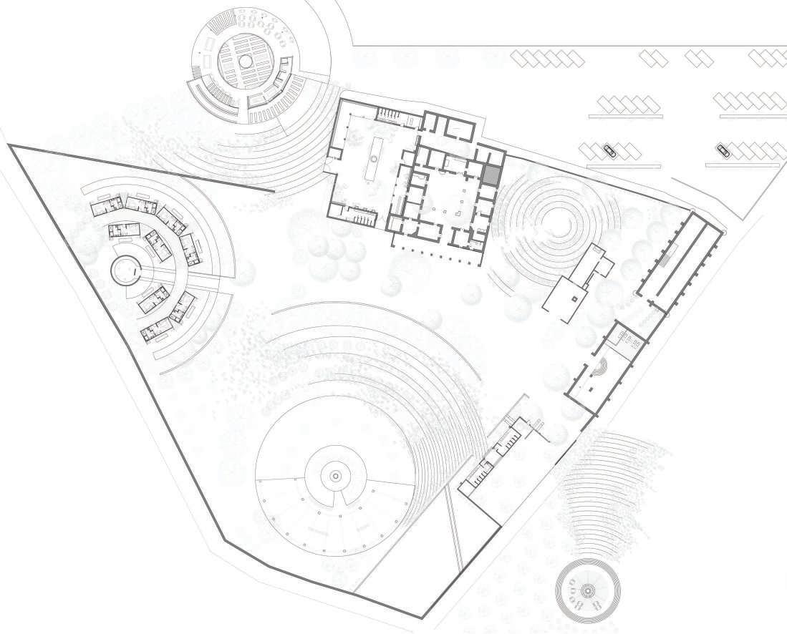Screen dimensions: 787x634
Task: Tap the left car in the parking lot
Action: point(609,150)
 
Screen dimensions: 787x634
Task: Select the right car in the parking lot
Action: point(723,150)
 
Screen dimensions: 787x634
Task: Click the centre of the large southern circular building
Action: point(335,476)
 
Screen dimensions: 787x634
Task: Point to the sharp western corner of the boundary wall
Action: point(10,146)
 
